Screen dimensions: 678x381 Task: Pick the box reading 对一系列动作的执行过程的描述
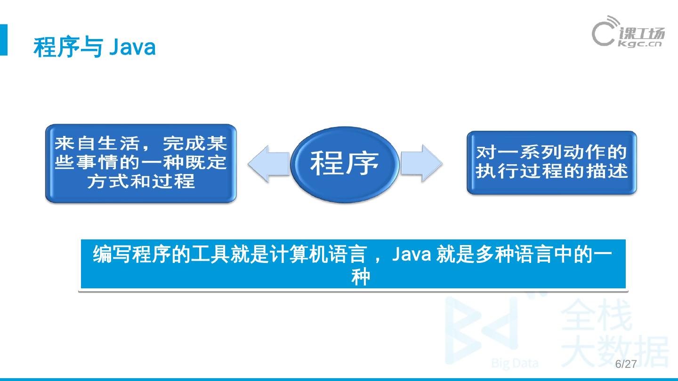[x=551, y=162]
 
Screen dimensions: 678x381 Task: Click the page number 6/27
[x=626, y=365]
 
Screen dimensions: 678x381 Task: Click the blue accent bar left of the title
[x=4, y=40]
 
